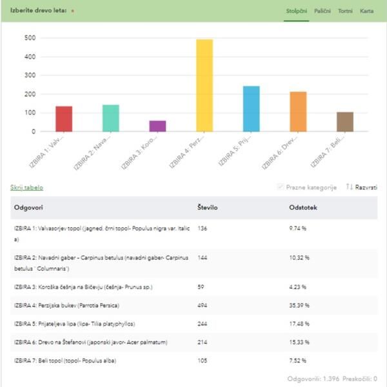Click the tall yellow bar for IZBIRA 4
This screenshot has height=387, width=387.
coord(204,85)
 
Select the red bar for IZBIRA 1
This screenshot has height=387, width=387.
coord(64,119)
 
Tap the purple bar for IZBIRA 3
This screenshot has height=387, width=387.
coord(157,126)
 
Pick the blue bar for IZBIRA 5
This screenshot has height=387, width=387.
coord(251,108)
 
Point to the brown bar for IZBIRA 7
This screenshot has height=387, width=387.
coord(345,121)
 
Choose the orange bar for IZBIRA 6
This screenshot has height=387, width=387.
coord(298,112)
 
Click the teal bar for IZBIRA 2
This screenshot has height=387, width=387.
coord(111,118)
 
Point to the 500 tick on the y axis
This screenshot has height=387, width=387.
coord(30,38)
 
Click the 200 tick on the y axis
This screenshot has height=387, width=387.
coord(30,94)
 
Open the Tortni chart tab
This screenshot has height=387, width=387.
coord(345,12)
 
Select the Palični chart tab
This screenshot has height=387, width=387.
coord(322,12)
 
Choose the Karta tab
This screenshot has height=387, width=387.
coord(366,12)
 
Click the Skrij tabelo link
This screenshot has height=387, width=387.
coord(26,188)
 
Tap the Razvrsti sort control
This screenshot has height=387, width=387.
coord(361,187)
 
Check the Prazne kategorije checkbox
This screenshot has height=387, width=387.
coord(280,187)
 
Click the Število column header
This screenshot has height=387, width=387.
coord(208,208)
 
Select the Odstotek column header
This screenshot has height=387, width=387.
coord(303,208)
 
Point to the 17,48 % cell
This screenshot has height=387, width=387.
coord(299,323)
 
